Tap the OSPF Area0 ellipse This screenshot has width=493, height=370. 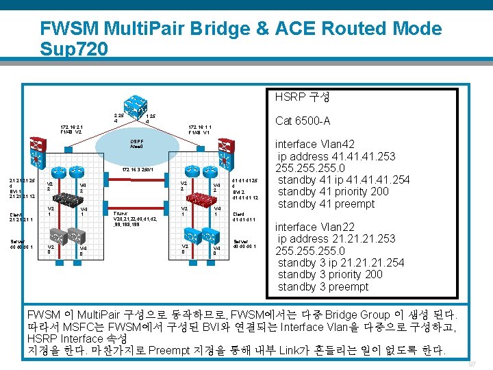[136, 145]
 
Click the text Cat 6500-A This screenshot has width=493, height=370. [303, 121]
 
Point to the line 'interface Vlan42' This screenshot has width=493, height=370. [315, 144]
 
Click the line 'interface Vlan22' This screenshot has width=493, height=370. [315, 227]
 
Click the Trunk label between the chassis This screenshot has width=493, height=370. [121, 213]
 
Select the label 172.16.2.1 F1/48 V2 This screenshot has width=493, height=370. [72, 129]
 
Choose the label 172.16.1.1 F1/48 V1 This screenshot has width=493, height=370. [199, 129]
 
